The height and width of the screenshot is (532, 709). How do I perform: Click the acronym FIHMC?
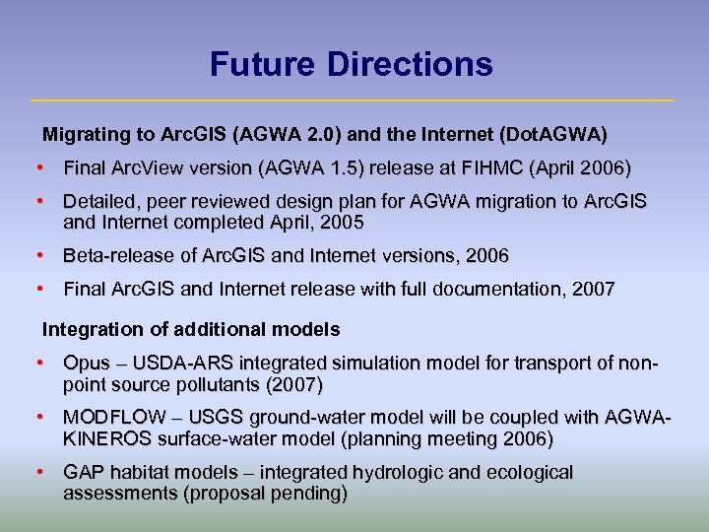pos(484,167)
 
